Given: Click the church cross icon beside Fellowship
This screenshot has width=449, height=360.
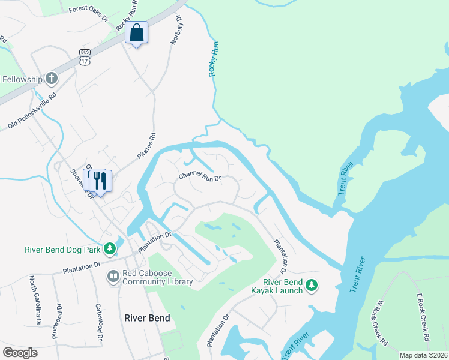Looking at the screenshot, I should (x=52, y=79).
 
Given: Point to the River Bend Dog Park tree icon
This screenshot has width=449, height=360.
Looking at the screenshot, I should (x=109, y=248).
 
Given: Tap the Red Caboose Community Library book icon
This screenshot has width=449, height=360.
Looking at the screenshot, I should (x=112, y=277).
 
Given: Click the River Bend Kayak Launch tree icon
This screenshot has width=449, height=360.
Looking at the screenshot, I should (x=311, y=286).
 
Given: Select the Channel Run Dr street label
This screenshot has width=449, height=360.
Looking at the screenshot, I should (x=200, y=178).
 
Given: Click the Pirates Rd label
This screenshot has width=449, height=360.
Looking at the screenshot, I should (x=146, y=146).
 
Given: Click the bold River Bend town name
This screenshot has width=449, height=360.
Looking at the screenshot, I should (x=147, y=318).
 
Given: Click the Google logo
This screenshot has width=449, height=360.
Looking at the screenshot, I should (x=20, y=353).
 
